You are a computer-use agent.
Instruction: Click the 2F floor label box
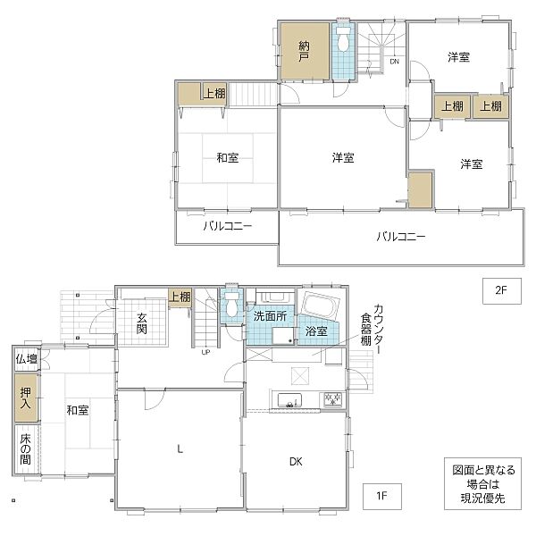501,291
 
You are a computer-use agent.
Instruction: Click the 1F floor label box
381,496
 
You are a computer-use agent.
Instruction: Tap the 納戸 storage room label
304,51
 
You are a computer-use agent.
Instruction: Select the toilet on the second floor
342,38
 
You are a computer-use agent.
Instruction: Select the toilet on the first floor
232,304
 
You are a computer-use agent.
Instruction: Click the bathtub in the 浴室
321,306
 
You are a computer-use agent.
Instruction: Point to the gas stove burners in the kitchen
332,399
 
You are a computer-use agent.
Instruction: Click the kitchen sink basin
289,400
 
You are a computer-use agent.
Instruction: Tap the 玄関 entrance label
142,323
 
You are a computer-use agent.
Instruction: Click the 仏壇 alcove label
27,359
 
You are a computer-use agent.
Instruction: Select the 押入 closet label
26,398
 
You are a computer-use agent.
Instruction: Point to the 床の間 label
26,449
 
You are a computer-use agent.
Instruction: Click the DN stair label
395,62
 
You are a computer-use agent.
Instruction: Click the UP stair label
205,352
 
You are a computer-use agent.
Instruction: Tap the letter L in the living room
180,448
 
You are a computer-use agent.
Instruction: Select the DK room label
296,462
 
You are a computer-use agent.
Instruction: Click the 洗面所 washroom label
270,316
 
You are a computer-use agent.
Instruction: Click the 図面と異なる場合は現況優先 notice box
482,483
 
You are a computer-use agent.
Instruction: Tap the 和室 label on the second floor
228,157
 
